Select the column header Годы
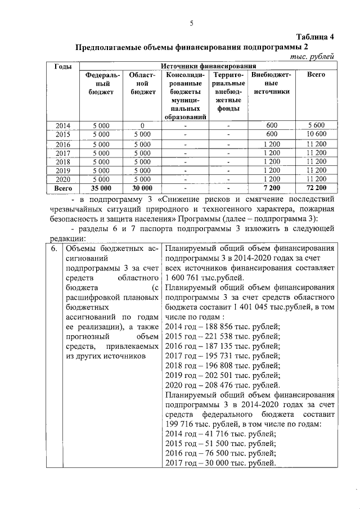62,67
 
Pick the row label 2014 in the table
62,125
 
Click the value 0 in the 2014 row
142,125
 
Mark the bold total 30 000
142,188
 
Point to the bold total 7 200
272,188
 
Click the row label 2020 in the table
62,179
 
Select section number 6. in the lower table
55,249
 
